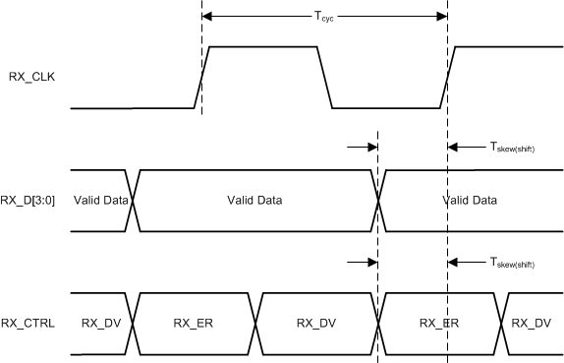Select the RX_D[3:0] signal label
[x=32, y=200]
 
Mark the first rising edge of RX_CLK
[x=201, y=77]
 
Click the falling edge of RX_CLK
[x=325, y=77]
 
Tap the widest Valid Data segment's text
[x=254, y=200]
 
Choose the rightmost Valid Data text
[x=470, y=200]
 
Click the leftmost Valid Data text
[x=98, y=200]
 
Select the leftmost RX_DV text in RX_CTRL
[x=101, y=322]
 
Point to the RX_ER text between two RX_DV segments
[x=194, y=322]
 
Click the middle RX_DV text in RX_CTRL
[x=315, y=322]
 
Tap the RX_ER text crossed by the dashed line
[x=439, y=322]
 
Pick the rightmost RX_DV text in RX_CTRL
[x=533, y=322]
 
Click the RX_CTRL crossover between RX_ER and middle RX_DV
[x=255, y=322]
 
